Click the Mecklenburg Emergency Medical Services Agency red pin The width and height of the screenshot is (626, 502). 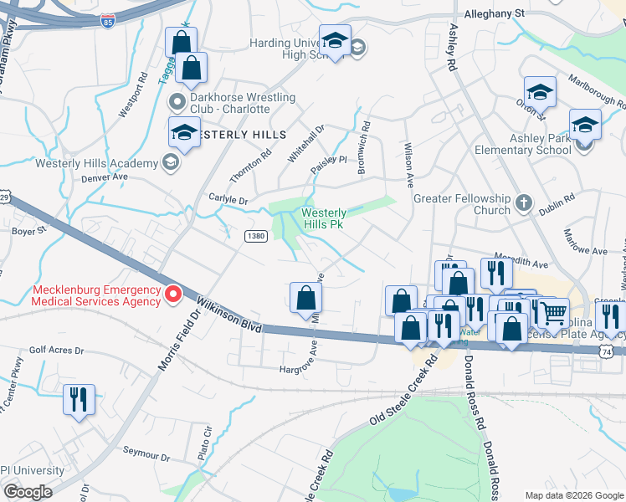tap(173, 294)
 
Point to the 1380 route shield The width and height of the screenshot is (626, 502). tap(255, 238)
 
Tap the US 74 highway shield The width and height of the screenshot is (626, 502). tap(618, 353)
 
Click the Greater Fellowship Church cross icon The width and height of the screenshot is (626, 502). tap(523, 202)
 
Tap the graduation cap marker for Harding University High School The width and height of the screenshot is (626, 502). tap(335, 42)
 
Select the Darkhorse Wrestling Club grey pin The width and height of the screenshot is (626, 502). tap(177, 102)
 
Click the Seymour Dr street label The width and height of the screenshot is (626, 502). tap(147, 458)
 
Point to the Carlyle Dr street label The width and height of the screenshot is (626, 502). tap(227, 201)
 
